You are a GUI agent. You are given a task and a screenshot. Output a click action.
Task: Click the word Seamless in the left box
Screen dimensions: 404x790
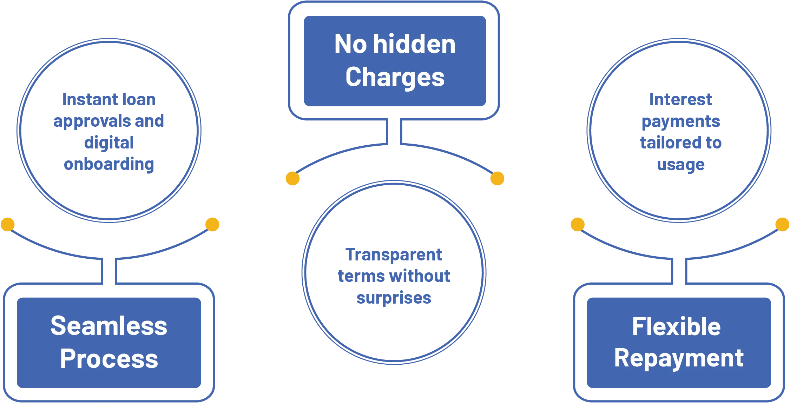tap(109, 326)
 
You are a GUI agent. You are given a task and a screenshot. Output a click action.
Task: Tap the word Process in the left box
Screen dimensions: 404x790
tap(109, 359)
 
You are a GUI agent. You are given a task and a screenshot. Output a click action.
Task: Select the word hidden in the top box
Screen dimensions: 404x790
tap(414, 44)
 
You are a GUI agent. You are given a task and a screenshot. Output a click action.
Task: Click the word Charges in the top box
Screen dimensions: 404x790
tap(395, 77)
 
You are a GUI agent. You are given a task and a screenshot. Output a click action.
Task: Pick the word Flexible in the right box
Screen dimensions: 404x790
tap(676, 327)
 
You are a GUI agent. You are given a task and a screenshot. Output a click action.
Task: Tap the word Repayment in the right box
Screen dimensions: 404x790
tap(678, 359)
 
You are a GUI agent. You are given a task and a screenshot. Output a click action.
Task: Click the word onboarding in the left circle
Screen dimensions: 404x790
tap(109, 164)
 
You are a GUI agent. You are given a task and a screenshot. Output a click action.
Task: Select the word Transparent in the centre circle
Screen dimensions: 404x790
tap(394, 254)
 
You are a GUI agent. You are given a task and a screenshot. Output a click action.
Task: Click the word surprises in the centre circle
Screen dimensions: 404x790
tap(394, 298)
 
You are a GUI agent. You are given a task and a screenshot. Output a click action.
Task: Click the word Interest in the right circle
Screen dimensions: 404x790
tap(681, 100)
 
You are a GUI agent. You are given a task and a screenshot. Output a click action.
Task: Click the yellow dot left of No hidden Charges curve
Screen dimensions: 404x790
tap(292, 178)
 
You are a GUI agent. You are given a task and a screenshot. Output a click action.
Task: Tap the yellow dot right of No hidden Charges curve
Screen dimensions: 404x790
tap(497, 178)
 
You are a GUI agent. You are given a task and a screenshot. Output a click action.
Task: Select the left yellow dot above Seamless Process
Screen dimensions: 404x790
tap(8, 224)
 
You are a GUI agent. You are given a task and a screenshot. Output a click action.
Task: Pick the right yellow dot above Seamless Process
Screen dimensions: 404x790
tap(212, 224)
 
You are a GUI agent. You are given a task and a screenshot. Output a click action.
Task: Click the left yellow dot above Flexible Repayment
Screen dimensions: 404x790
tap(578, 224)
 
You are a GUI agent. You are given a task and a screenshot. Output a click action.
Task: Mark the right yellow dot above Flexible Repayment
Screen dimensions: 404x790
tap(782, 224)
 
